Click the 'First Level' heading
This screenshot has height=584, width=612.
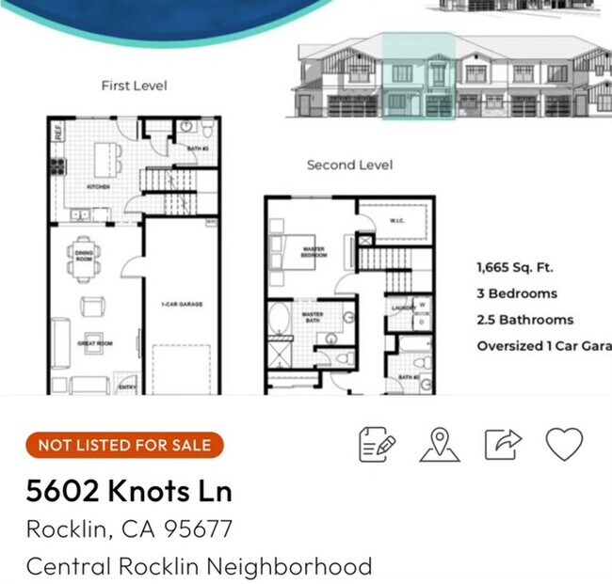pos(134,86)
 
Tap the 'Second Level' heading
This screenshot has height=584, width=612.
pos(349,165)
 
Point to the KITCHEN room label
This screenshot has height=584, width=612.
pos(98,187)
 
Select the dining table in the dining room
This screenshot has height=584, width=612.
pos(85,259)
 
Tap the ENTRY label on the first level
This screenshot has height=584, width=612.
pos(125,386)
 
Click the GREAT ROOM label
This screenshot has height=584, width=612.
pos(95,343)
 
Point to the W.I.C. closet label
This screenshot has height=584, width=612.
pos(396,222)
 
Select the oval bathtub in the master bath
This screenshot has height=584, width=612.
pos(279,320)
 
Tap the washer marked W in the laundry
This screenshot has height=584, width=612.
pos(422,305)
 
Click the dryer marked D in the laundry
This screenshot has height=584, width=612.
pos(422,322)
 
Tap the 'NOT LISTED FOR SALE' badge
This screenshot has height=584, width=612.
pos(124,445)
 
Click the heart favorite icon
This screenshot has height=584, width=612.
pos(564,444)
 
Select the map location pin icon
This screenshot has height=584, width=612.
pos(440,445)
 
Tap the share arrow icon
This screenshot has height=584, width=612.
pos(503,444)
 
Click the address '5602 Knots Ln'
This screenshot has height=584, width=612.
pos(129,491)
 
